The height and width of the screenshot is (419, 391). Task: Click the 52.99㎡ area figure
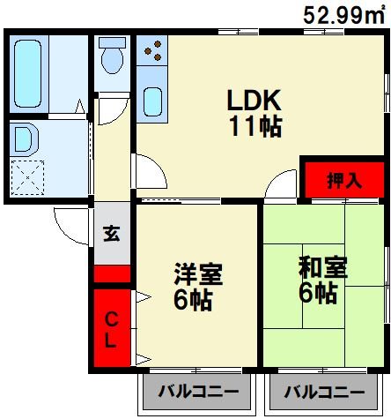343,15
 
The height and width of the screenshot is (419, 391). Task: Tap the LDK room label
255,100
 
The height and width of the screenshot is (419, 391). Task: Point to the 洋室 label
198,274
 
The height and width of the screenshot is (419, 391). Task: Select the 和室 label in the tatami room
323,267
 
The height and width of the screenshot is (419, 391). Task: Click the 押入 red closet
344,179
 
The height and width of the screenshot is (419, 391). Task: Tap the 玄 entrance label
112,234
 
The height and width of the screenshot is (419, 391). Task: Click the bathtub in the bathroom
28,73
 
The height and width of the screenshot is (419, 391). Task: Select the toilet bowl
112,56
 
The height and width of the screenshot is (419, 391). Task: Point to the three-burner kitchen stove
152,50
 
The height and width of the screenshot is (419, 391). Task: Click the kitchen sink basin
152,101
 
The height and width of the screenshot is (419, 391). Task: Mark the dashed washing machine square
27,178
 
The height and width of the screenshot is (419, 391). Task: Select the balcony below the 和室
324,392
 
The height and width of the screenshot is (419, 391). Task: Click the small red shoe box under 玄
112,273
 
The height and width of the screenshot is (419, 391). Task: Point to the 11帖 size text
255,127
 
